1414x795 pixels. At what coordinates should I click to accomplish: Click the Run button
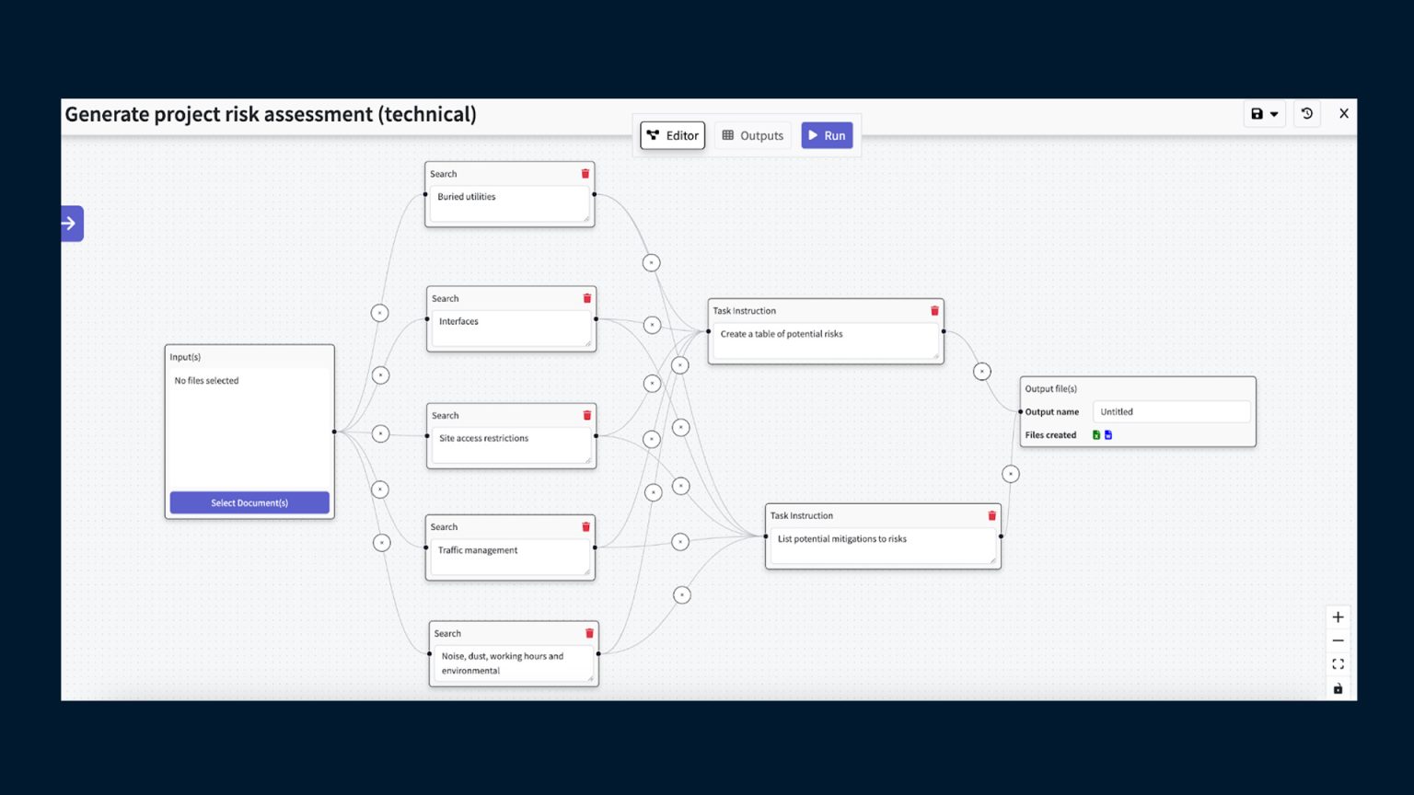827,135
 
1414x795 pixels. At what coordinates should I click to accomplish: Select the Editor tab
673,135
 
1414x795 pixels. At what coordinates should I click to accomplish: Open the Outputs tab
753,135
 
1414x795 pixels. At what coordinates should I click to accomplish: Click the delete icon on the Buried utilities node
585,174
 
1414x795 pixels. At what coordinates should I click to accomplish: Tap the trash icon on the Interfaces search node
587,298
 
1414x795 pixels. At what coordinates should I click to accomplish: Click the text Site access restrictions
483,438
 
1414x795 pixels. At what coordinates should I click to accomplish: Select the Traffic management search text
478,550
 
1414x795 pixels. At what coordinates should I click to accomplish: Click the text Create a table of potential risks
782,334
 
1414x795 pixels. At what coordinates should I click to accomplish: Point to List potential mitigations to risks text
841,539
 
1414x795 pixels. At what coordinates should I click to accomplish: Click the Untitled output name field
1171,412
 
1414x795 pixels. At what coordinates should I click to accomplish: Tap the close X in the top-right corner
1344,114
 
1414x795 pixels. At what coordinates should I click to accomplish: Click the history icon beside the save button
1307,114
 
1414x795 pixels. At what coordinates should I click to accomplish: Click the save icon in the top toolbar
1258,114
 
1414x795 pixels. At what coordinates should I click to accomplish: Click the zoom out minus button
1339,640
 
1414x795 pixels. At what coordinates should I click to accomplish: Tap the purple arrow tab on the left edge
71,224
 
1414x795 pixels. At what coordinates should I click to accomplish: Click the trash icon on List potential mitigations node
992,516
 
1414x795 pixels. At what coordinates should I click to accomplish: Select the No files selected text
206,381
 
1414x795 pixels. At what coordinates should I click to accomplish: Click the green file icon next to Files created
1096,435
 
